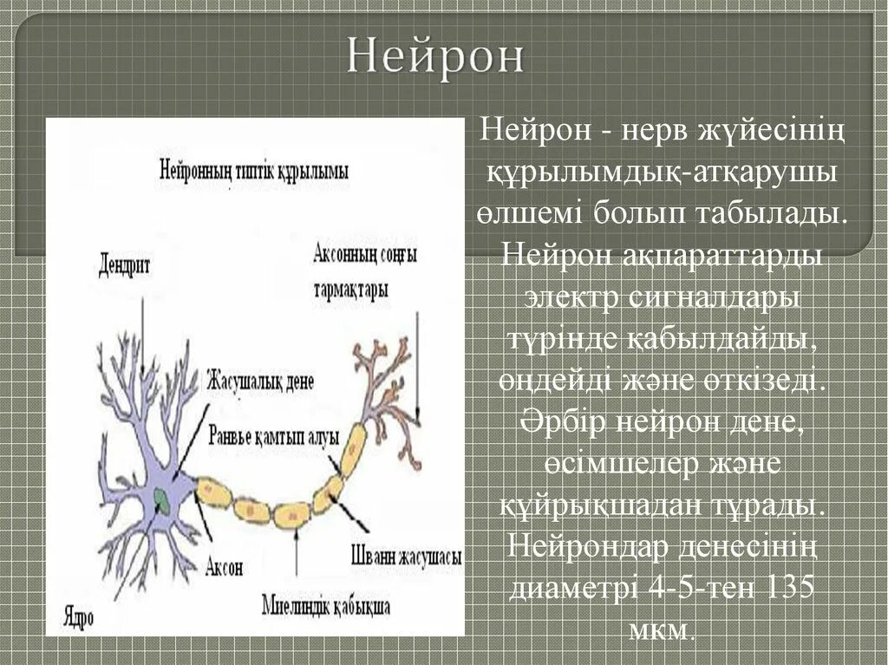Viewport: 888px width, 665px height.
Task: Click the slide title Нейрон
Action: pyautogui.click(x=436, y=56)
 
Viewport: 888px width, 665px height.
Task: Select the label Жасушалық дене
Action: pyautogui.click(x=260, y=381)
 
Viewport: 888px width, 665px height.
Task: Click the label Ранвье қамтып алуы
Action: pyautogui.click(x=274, y=436)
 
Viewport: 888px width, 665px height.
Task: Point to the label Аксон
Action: pyautogui.click(x=224, y=568)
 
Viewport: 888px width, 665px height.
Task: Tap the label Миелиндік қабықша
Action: pyautogui.click(x=325, y=604)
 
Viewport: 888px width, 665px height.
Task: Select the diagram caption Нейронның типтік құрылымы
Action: pyautogui.click(x=253, y=171)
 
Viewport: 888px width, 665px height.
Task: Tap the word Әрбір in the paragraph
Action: pyautogui.click(x=564, y=422)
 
